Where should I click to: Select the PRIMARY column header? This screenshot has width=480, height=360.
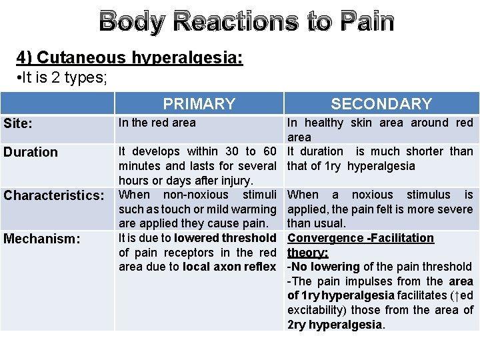click(x=199, y=103)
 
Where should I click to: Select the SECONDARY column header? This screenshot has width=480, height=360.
click(x=381, y=103)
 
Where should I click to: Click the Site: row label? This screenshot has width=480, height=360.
click(x=20, y=124)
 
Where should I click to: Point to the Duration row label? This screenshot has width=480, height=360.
click(x=31, y=152)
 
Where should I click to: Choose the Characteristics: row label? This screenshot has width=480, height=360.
click(x=54, y=195)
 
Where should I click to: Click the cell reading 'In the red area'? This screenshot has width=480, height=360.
click(x=157, y=123)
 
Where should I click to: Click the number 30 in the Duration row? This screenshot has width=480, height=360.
click(x=233, y=151)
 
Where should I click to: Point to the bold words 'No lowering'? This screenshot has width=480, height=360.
click(x=325, y=267)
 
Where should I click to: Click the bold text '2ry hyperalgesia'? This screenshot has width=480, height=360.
click(x=335, y=325)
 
